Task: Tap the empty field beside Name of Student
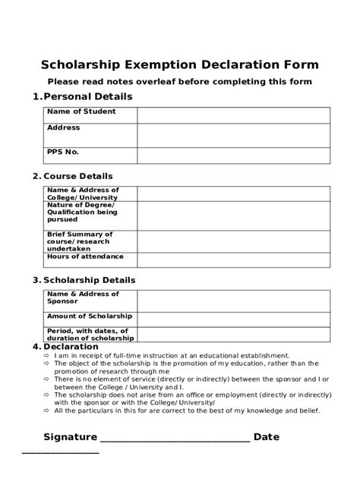233,115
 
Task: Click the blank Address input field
233,135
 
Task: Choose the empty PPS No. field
233,156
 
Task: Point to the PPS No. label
63,152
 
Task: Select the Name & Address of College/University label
83,193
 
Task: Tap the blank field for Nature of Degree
233,215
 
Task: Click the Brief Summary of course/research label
80,241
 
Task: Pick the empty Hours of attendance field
233,259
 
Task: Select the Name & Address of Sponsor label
83,297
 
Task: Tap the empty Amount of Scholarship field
233,319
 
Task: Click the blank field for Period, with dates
233,335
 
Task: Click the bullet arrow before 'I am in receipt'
47,355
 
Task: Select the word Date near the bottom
267,437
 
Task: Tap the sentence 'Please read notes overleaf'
180,82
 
